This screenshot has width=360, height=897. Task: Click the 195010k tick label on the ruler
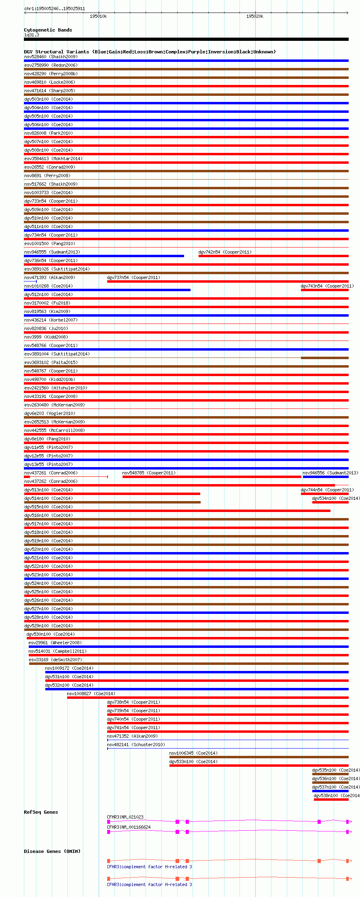pos(98,16)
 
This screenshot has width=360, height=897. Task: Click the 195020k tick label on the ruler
pos(255,16)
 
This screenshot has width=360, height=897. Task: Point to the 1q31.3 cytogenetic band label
pos(32,35)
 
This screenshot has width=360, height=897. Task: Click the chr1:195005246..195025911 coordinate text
pos(55,8)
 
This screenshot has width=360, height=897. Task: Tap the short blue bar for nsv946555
pos(104,256)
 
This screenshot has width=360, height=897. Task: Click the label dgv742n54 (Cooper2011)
pos(225,252)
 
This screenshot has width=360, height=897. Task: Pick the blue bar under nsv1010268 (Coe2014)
pos(107,290)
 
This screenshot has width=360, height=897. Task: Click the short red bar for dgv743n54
pos(324,290)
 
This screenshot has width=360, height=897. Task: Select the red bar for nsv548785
pos(212,477)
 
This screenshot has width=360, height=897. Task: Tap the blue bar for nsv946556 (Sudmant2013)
pos(326,477)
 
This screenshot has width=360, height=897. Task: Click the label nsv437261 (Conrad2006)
pos(51,473)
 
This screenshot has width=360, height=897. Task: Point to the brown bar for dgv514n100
pos(112,502)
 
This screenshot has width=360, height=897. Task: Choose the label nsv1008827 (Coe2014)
pos(91,694)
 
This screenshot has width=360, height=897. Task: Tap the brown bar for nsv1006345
pos(259,757)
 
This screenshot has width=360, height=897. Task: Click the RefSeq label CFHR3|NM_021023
pos(125,817)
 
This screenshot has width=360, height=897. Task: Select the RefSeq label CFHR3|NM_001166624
pos(129,827)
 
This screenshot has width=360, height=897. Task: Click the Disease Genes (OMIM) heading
pos(52,851)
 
